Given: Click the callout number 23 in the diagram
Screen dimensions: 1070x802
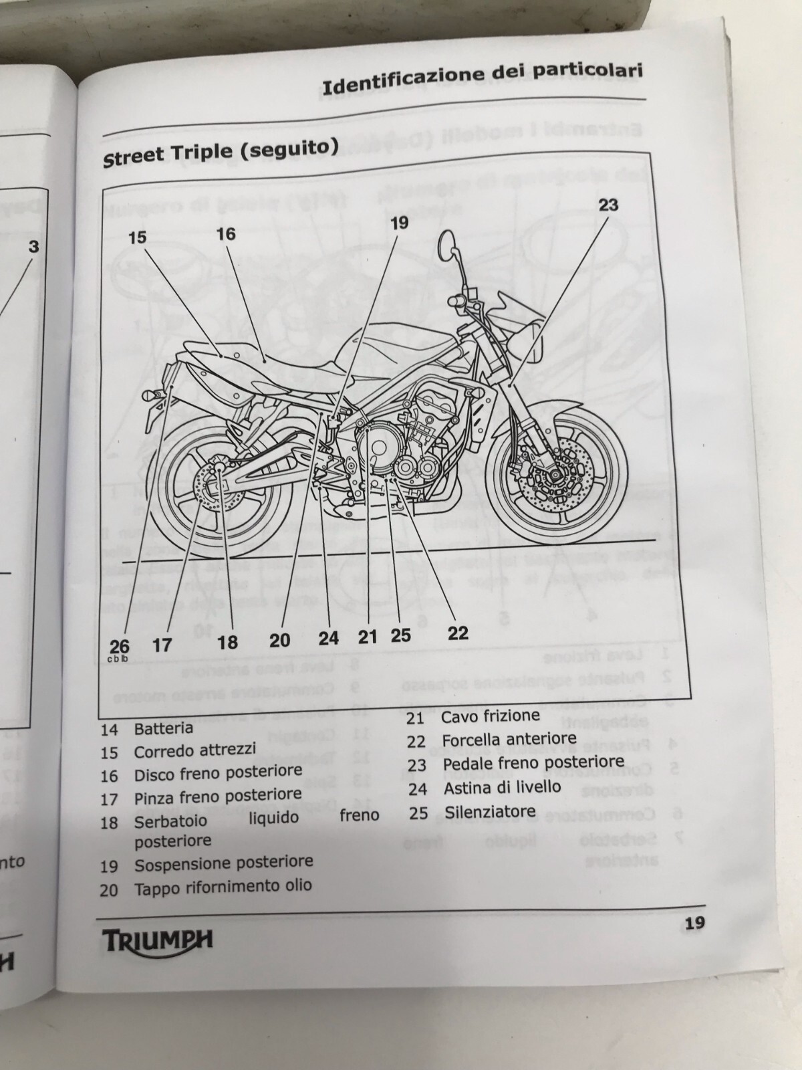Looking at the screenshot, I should [608, 205].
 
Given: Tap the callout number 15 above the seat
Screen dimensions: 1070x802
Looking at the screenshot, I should [137, 237].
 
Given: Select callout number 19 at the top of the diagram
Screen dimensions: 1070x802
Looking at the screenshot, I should [399, 223].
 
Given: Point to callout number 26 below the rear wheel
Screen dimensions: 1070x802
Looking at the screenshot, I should [120, 646].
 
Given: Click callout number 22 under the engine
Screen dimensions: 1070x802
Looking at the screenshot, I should [458, 632].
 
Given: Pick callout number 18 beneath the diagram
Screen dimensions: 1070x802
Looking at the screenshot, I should [227, 643].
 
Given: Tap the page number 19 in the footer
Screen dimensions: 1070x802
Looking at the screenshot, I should [694, 924].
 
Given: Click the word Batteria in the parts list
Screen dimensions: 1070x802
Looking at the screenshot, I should [163, 728].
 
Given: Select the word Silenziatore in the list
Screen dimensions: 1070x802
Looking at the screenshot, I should [490, 813].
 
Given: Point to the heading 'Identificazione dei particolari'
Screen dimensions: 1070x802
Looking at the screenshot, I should [482, 79].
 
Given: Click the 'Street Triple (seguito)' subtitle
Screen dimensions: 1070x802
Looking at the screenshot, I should [220, 151].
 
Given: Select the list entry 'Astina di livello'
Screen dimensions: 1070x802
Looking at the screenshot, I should [502, 788].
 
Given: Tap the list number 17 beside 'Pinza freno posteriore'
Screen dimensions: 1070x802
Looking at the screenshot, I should [109, 799].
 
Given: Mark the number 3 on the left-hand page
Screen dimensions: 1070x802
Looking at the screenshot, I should [33, 247].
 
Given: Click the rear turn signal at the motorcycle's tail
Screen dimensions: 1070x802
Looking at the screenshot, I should [152, 396].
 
